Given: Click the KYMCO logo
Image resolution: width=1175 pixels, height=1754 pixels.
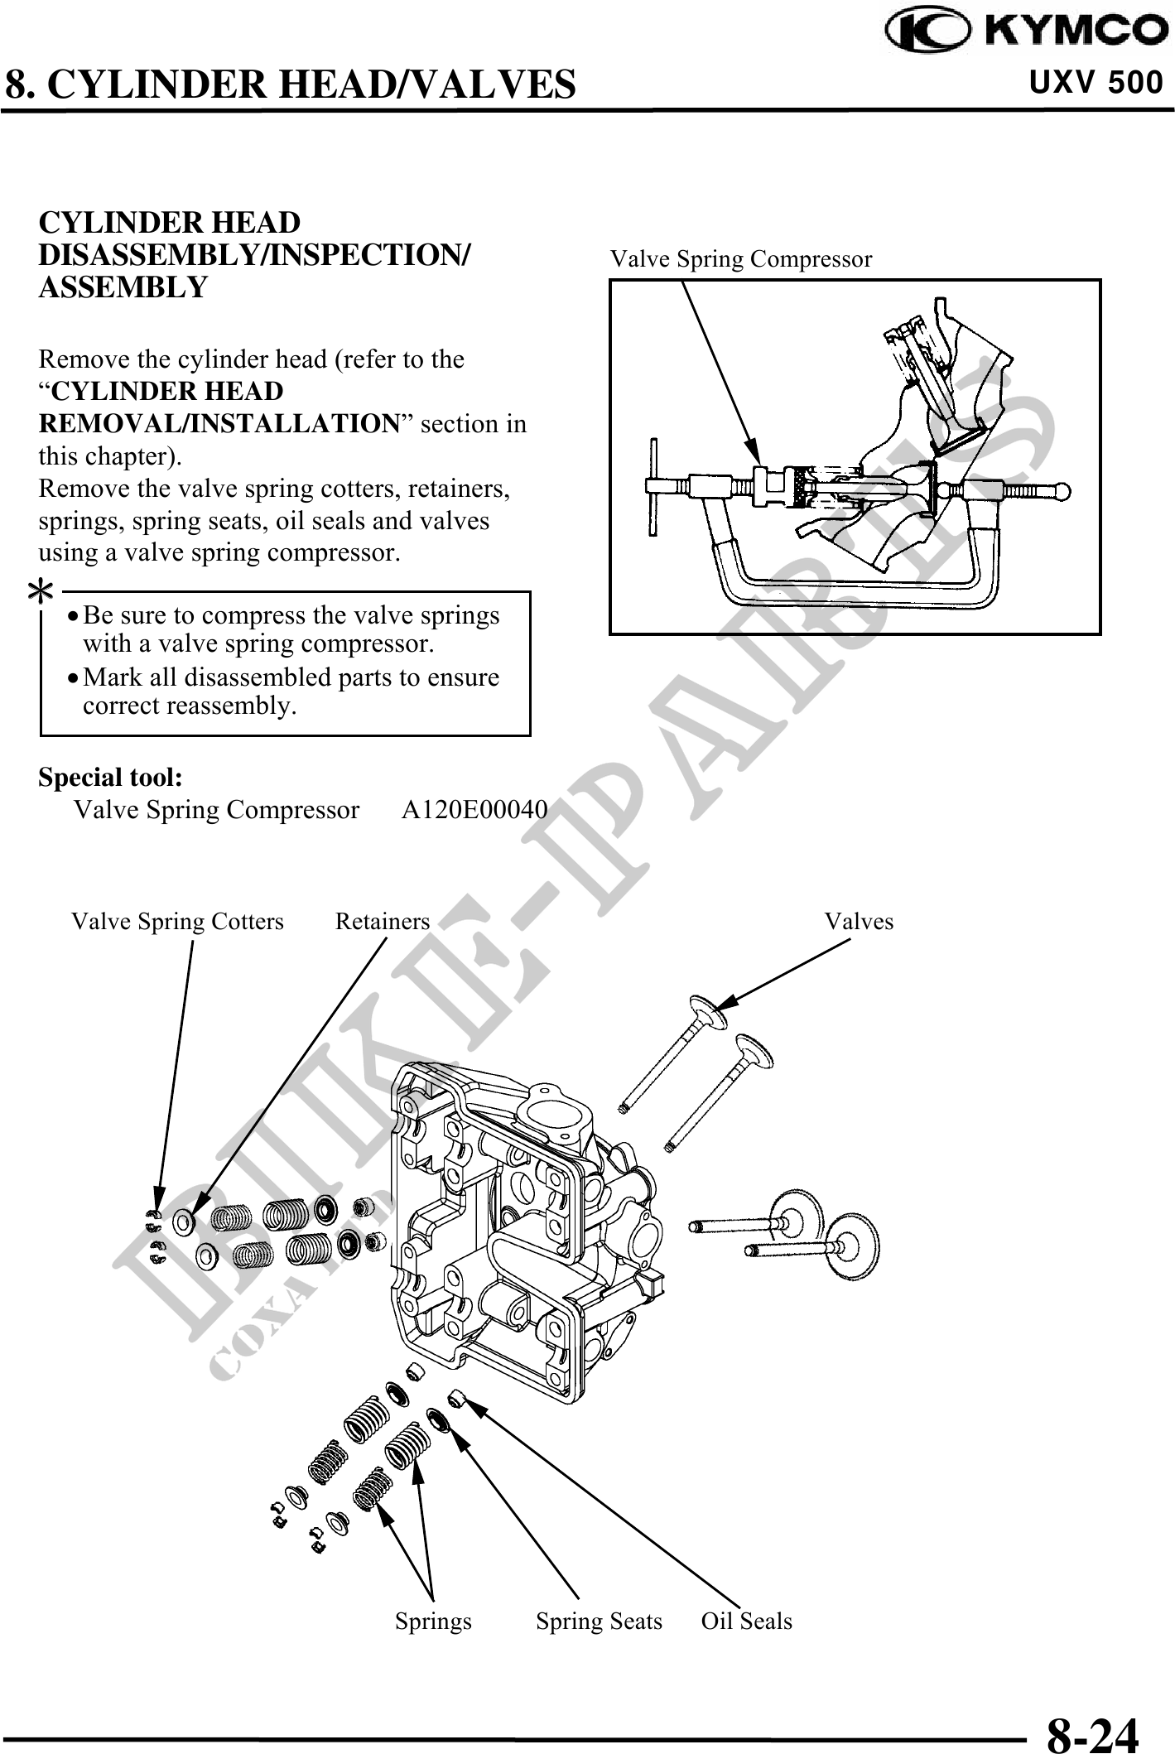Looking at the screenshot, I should point(1025,31).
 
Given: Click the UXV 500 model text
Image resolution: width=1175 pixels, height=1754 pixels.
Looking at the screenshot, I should point(1096,83).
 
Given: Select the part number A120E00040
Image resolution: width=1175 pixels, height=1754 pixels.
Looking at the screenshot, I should point(474,809).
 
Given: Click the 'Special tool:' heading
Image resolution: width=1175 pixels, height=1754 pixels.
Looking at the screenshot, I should point(111,778).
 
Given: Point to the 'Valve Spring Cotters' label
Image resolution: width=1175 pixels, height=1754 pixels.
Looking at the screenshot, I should point(177,922).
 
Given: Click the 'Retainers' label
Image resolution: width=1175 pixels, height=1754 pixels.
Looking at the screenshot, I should point(383,922).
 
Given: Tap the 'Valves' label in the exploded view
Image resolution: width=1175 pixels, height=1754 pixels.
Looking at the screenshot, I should point(859,922).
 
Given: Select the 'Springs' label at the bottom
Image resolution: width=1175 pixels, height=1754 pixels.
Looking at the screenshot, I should point(433,1621).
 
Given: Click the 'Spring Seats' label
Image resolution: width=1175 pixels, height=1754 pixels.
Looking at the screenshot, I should point(599,1621).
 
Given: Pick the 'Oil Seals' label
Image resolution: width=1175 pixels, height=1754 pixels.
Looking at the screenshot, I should point(746,1621).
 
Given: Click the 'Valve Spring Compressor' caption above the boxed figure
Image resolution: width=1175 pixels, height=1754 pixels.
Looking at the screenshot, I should point(741,259).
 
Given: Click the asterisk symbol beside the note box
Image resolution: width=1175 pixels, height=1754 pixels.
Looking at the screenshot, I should point(41,590).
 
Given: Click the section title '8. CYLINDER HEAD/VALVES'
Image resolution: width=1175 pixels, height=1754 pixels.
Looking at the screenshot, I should point(291,84).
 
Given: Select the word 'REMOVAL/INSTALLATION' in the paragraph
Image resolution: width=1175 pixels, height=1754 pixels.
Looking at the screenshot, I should point(219,424).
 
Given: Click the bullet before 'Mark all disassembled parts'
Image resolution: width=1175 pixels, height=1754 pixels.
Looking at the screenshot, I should point(75,678).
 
